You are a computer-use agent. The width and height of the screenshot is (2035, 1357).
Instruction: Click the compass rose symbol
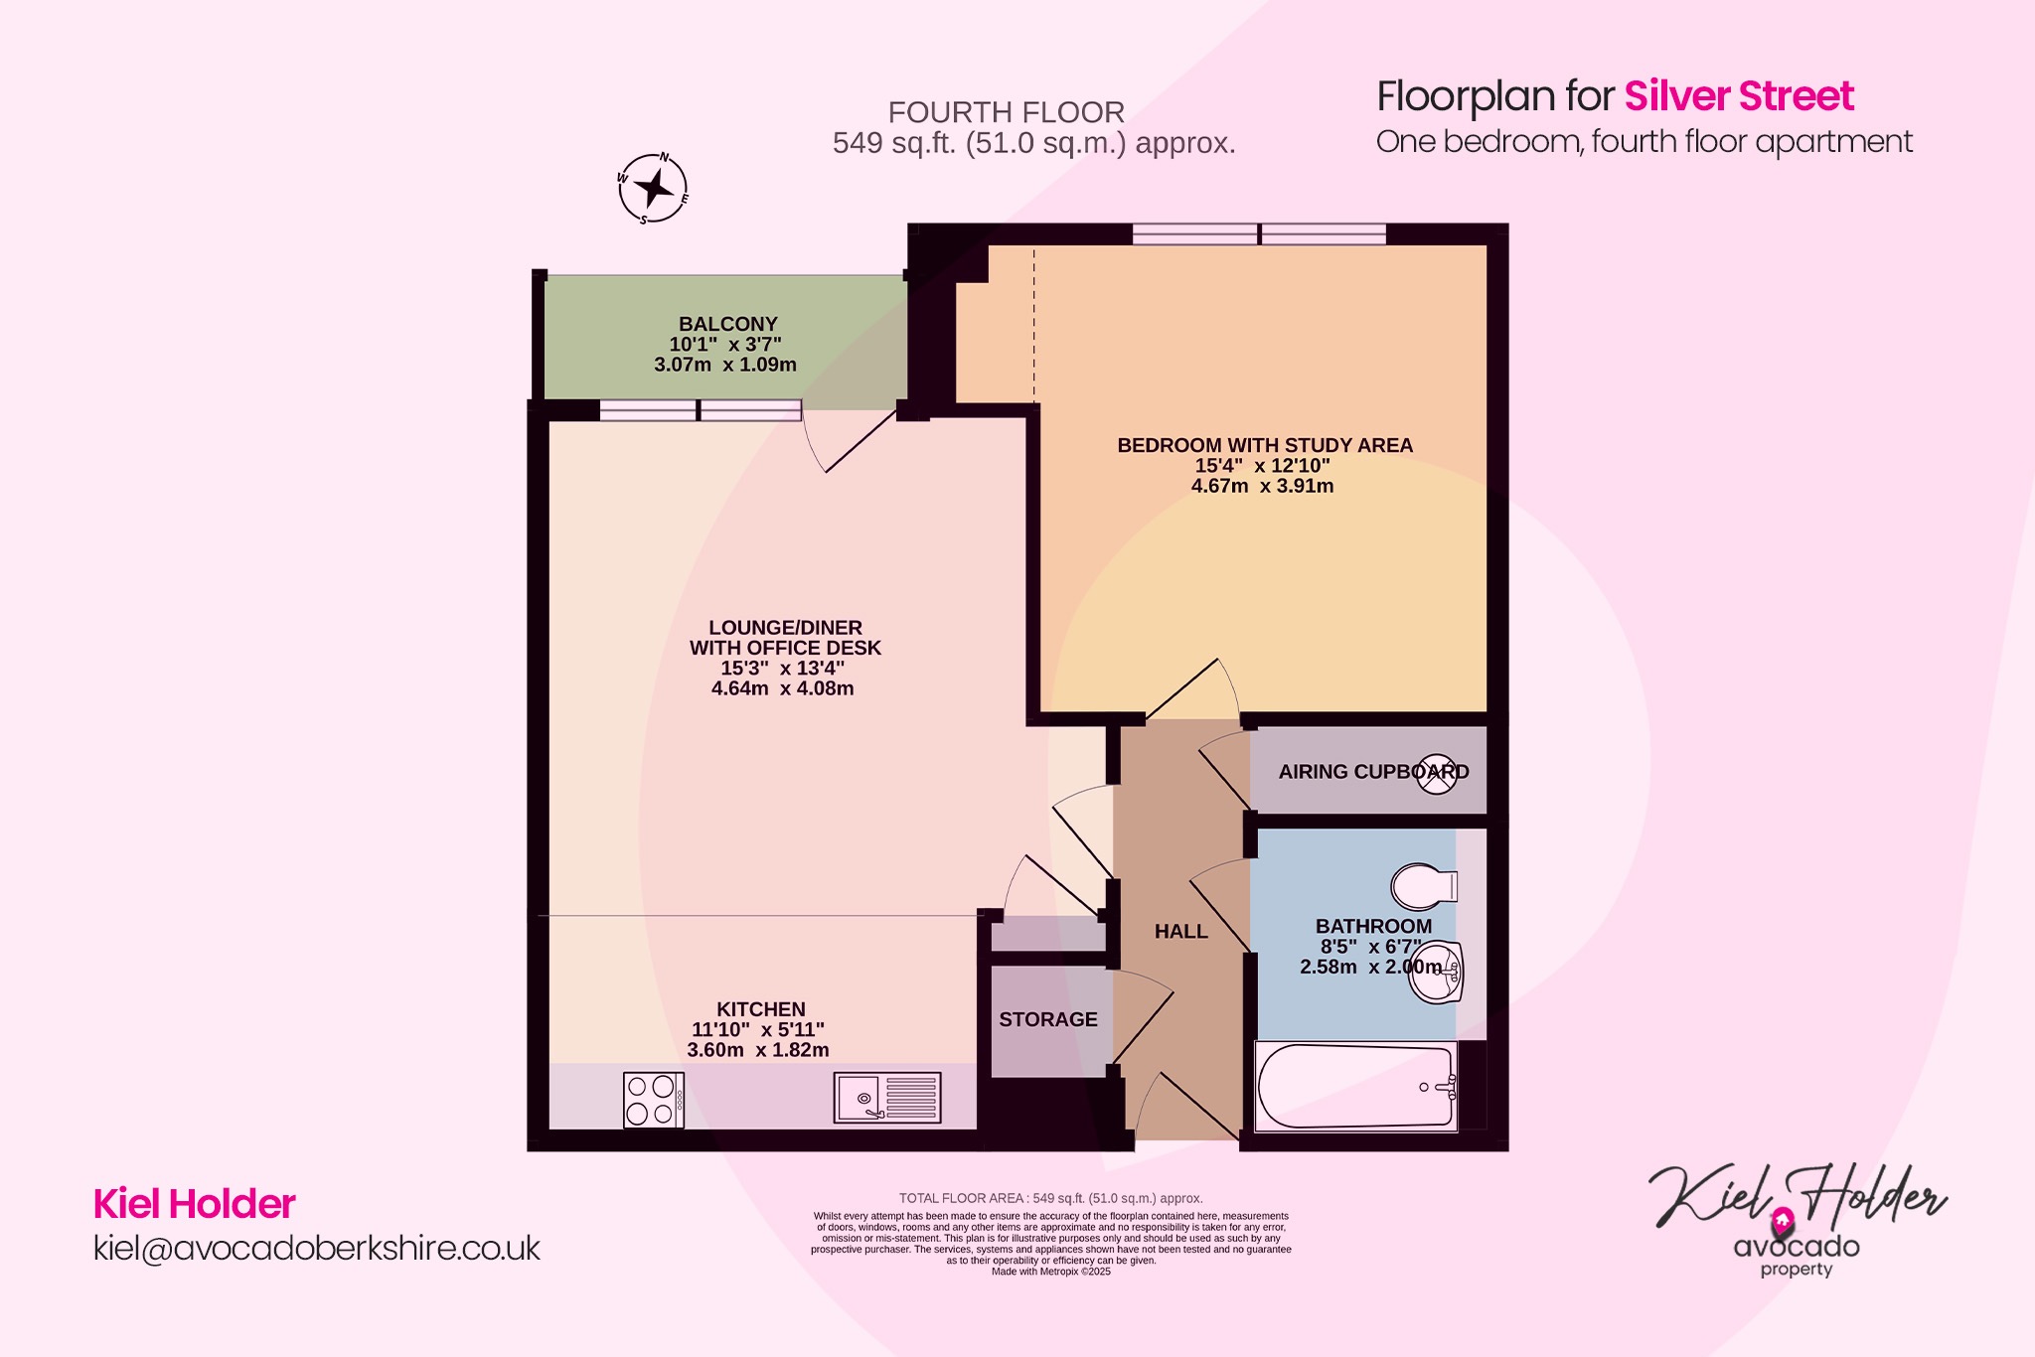click(x=653, y=188)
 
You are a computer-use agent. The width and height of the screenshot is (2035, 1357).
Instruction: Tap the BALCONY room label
click(x=727, y=324)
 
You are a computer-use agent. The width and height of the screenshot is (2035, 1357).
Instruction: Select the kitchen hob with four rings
click(x=654, y=1100)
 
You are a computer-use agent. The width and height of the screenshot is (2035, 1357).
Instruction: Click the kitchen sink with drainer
click(x=887, y=1098)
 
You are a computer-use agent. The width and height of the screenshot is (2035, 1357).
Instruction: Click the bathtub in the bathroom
click(x=1355, y=1086)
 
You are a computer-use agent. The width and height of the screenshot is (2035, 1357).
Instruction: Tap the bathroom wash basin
click(x=1438, y=972)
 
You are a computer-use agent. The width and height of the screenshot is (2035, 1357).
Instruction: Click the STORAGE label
click(x=1047, y=1019)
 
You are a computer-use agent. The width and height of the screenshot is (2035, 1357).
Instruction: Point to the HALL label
click(x=1180, y=931)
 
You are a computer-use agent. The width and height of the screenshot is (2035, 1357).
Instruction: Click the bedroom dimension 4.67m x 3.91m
click(x=1262, y=486)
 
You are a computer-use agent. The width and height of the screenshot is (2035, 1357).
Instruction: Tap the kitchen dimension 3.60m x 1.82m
click(x=757, y=1050)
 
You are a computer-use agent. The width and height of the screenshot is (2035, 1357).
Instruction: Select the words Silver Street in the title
click(x=1738, y=96)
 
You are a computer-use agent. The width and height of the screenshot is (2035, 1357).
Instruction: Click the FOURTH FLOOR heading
click(x=1006, y=112)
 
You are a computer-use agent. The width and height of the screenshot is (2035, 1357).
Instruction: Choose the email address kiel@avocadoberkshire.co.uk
click(x=316, y=1248)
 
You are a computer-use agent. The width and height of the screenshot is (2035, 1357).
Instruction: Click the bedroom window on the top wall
click(x=1259, y=234)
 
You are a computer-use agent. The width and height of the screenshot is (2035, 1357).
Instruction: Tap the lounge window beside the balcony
click(x=700, y=410)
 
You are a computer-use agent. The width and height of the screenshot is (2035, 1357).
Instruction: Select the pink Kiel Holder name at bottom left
click(x=194, y=1204)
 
